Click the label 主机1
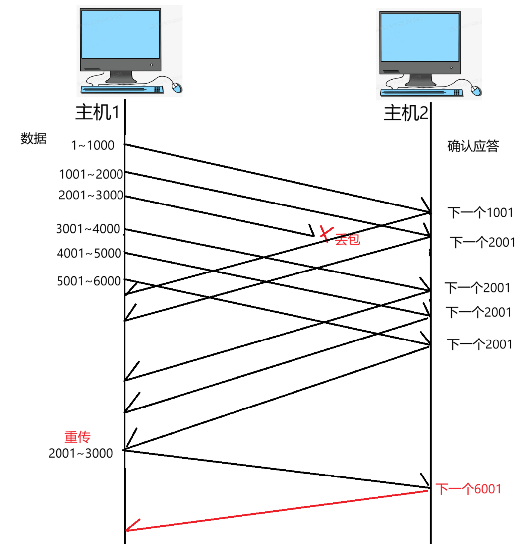tap(97, 113)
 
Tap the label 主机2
tap(406, 114)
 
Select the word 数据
tap(33, 139)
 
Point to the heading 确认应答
tap(472, 146)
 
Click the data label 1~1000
tap(92, 146)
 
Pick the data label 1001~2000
tap(91, 174)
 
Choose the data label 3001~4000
tap(88, 229)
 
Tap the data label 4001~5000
tap(89, 254)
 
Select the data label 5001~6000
tap(89, 281)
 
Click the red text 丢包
tap(347, 240)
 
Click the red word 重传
tap(78, 437)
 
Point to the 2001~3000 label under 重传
tap(80, 453)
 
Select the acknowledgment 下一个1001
tap(480, 213)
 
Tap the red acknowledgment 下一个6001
tap(469, 489)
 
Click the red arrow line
tap(278, 510)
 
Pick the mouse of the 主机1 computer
tap(177, 88)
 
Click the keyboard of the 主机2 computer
tap(421, 92)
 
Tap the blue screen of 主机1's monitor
tap(120, 34)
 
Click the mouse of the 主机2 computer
tap(476, 90)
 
